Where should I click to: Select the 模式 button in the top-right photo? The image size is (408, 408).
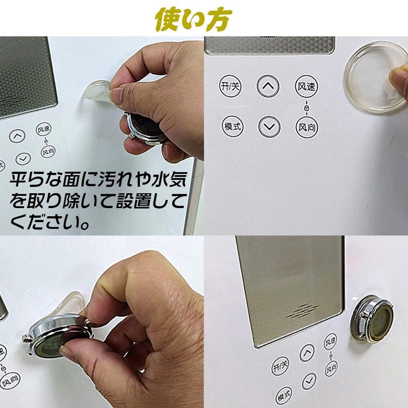[232, 125]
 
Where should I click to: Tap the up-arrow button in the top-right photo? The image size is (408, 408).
[268, 87]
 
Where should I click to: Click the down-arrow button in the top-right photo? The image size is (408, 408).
[269, 125]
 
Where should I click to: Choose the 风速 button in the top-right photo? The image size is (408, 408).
[305, 87]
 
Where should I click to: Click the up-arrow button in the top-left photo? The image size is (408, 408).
[17, 136]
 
